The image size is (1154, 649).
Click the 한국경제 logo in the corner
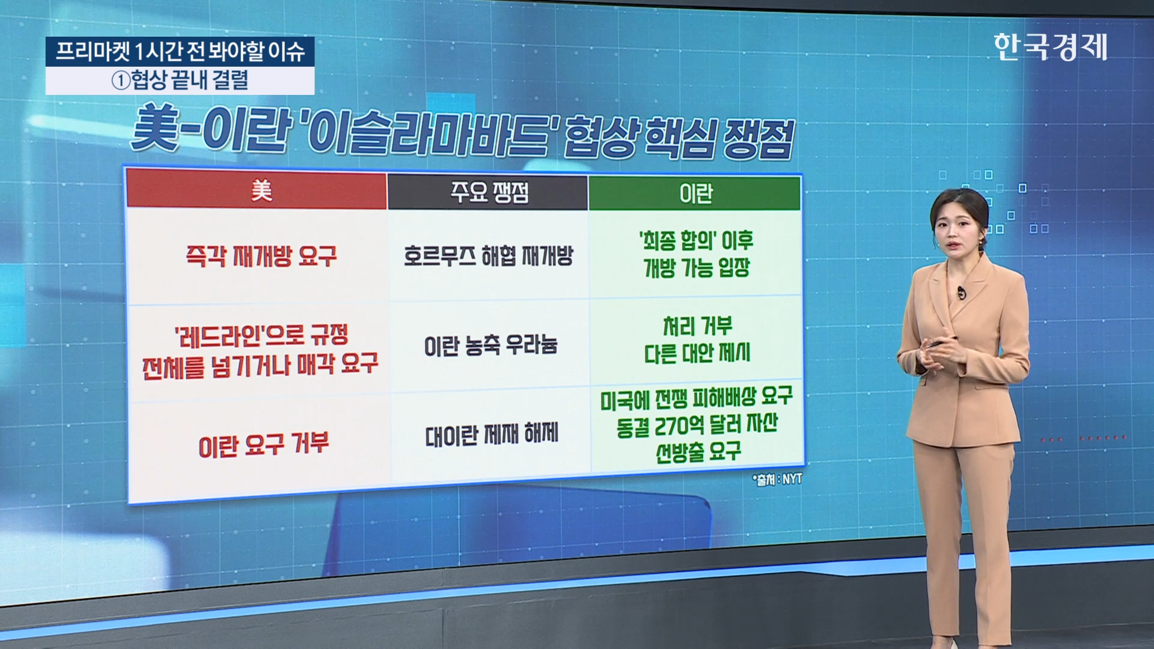click(1050, 47)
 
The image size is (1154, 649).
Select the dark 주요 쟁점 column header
click(488, 192)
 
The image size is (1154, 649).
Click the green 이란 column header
click(695, 193)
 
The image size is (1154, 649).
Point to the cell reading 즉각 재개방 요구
click(261, 257)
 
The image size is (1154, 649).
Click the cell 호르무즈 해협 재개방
click(488, 256)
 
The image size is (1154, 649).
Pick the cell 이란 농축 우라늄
click(490, 345)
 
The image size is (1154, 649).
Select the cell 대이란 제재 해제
click(492, 434)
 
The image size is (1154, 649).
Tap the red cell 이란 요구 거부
click(263, 445)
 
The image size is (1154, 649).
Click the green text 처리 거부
click(697, 326)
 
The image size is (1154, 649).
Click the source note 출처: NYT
click(777, 480)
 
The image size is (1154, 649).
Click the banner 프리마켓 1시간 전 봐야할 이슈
click(180, 52)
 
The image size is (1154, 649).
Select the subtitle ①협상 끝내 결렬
click(180, 81)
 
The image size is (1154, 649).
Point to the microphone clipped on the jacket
click(961, 293)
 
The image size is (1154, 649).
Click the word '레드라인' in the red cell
click(219, 337)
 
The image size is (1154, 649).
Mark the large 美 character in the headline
click(155, 128)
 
